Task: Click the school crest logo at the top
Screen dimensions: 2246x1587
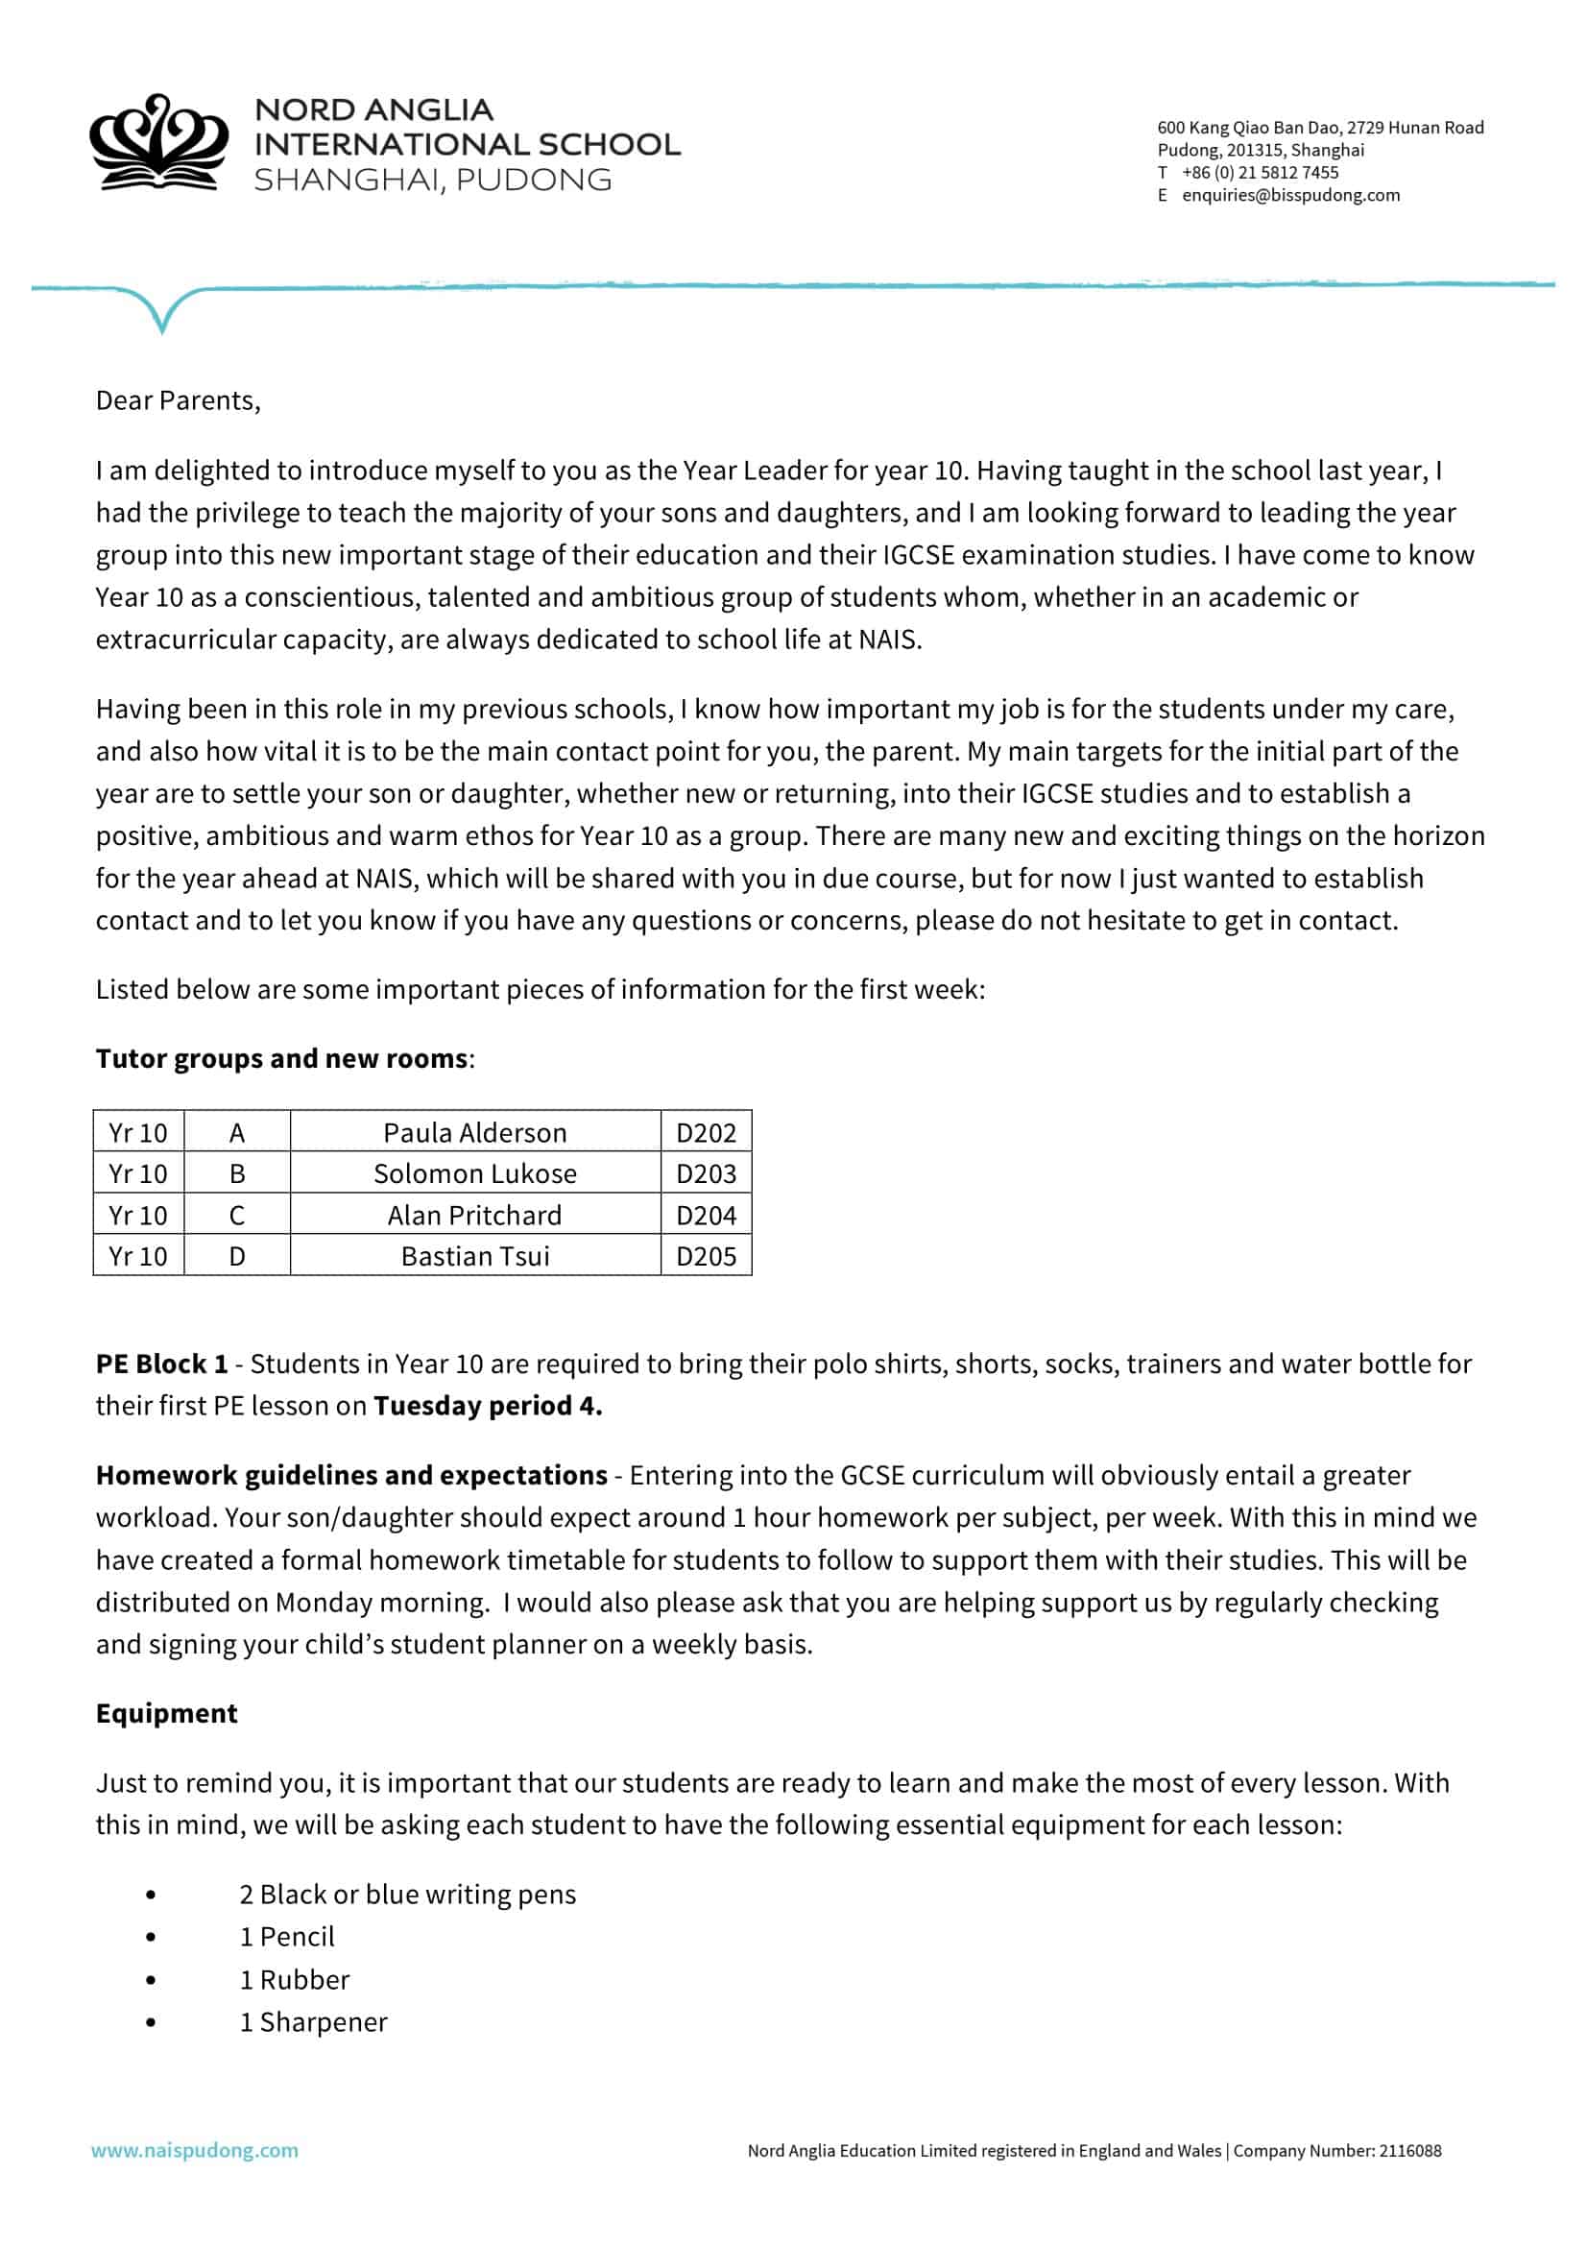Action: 158,143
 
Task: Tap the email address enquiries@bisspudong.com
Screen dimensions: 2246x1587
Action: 1289,195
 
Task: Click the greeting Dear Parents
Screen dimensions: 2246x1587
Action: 177,400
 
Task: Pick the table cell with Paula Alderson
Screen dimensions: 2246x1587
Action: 474,1132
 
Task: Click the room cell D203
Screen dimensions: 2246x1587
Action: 705,1172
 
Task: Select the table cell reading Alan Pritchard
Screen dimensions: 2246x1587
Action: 474,1215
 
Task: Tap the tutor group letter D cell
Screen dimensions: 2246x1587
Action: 236,1256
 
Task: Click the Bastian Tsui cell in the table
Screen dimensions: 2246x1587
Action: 474,1256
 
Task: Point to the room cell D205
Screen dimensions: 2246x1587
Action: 705,1256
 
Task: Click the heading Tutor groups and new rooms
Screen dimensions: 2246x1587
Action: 281,1058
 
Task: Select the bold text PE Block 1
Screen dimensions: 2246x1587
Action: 161,1364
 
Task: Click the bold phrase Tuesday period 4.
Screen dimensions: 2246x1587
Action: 487,1406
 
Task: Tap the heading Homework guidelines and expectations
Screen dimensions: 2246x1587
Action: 351,1475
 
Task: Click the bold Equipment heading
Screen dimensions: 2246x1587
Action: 166,1713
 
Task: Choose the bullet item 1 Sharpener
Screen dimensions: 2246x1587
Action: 313,2022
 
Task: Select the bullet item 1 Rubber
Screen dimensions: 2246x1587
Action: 295,1980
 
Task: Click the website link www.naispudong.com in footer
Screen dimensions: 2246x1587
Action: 195,2150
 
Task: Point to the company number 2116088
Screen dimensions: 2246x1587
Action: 1409,2150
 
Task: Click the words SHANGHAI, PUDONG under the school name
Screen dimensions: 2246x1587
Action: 432,180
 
